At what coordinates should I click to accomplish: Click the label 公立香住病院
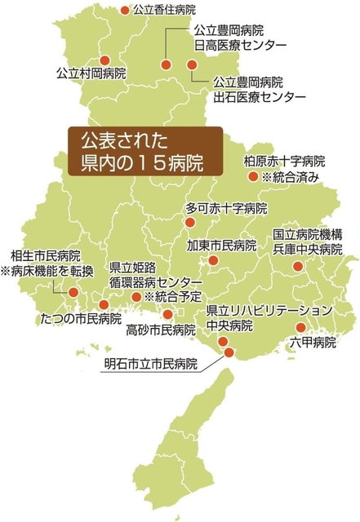(168, 10)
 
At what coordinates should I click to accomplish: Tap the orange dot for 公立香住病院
(124, 11)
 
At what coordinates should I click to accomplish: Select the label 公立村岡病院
(91, 73)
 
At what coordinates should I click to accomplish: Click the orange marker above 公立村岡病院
(104, 59)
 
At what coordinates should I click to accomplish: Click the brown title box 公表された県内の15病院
(144, 148)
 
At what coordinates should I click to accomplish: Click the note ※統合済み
(289, 176)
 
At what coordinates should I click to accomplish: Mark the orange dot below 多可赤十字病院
(190, 222)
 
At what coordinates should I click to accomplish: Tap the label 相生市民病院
(40, 254)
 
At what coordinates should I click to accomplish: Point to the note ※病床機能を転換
(47, 270)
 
